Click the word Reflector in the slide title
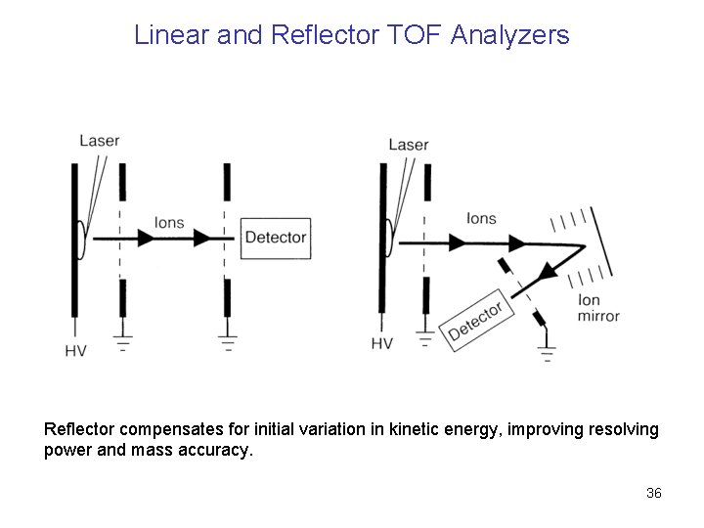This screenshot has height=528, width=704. coord(310,36)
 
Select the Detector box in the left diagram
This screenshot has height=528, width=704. coord(275,237)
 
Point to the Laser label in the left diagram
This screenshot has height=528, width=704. coord(99,140)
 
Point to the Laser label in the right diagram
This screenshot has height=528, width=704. coord(408,145)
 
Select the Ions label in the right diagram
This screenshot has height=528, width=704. coord(481,219)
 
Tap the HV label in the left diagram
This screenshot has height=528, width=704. coord(75,351)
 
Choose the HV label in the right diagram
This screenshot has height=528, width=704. coord(382,343)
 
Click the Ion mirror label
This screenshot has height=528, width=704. coord(598,308)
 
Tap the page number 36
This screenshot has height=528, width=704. coord(654,493)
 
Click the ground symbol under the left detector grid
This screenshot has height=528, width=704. coord(228,341)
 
